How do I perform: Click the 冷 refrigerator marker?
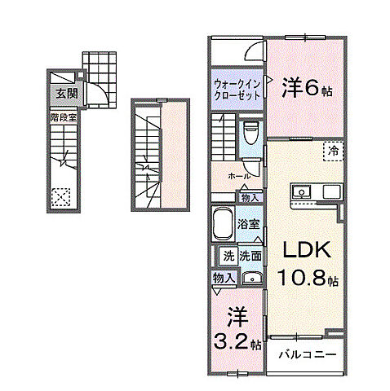335,149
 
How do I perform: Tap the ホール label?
238,176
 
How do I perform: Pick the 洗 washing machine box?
228,255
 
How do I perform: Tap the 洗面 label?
250,255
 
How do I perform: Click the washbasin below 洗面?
252,279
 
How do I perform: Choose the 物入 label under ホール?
250,196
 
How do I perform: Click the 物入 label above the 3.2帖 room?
224,278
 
